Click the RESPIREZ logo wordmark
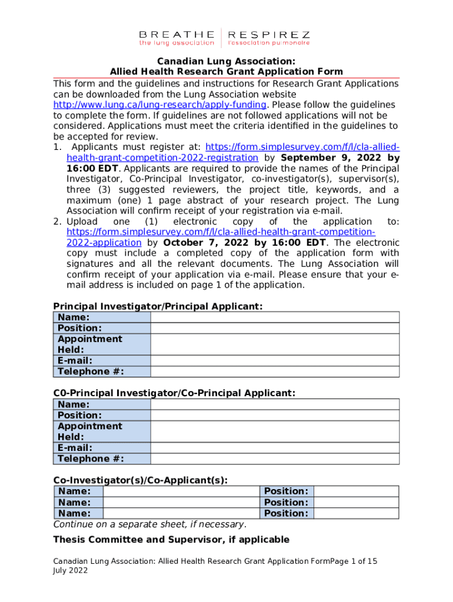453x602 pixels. pyautogui.click(x=268, y=35)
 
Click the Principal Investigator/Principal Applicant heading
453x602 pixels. pyautogui.click(x=158, y=306)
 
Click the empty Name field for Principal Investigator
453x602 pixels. pyautogui.click(x=275, y=317)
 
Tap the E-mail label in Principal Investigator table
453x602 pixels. pyautogui.click(x=75, y=360)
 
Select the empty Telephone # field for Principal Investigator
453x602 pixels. pyautogui.click(x=275, y=372)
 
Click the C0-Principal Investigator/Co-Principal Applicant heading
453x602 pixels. pyautogui.click(x=174, y=393)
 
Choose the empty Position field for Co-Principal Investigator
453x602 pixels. pyautogui.click(x=275, y=415)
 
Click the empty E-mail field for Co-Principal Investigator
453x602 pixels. pyautogui.click(x=275, y=448)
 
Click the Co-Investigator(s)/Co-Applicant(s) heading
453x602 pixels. pyautogui.click(x=141, y=480)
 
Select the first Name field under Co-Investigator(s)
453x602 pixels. pyautogui.click(x=181, y=491)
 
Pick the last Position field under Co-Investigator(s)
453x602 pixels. pyautogui.click(x=356, y=513)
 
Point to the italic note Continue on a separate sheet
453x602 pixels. pyautogui.click(x=150, y=524)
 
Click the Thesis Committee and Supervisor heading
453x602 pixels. pyautogui.click(x=171, y=540)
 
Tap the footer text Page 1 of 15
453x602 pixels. pyautogui.click(x=354, y=561)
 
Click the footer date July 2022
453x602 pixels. pyautogui.click(x=71, y=571)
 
